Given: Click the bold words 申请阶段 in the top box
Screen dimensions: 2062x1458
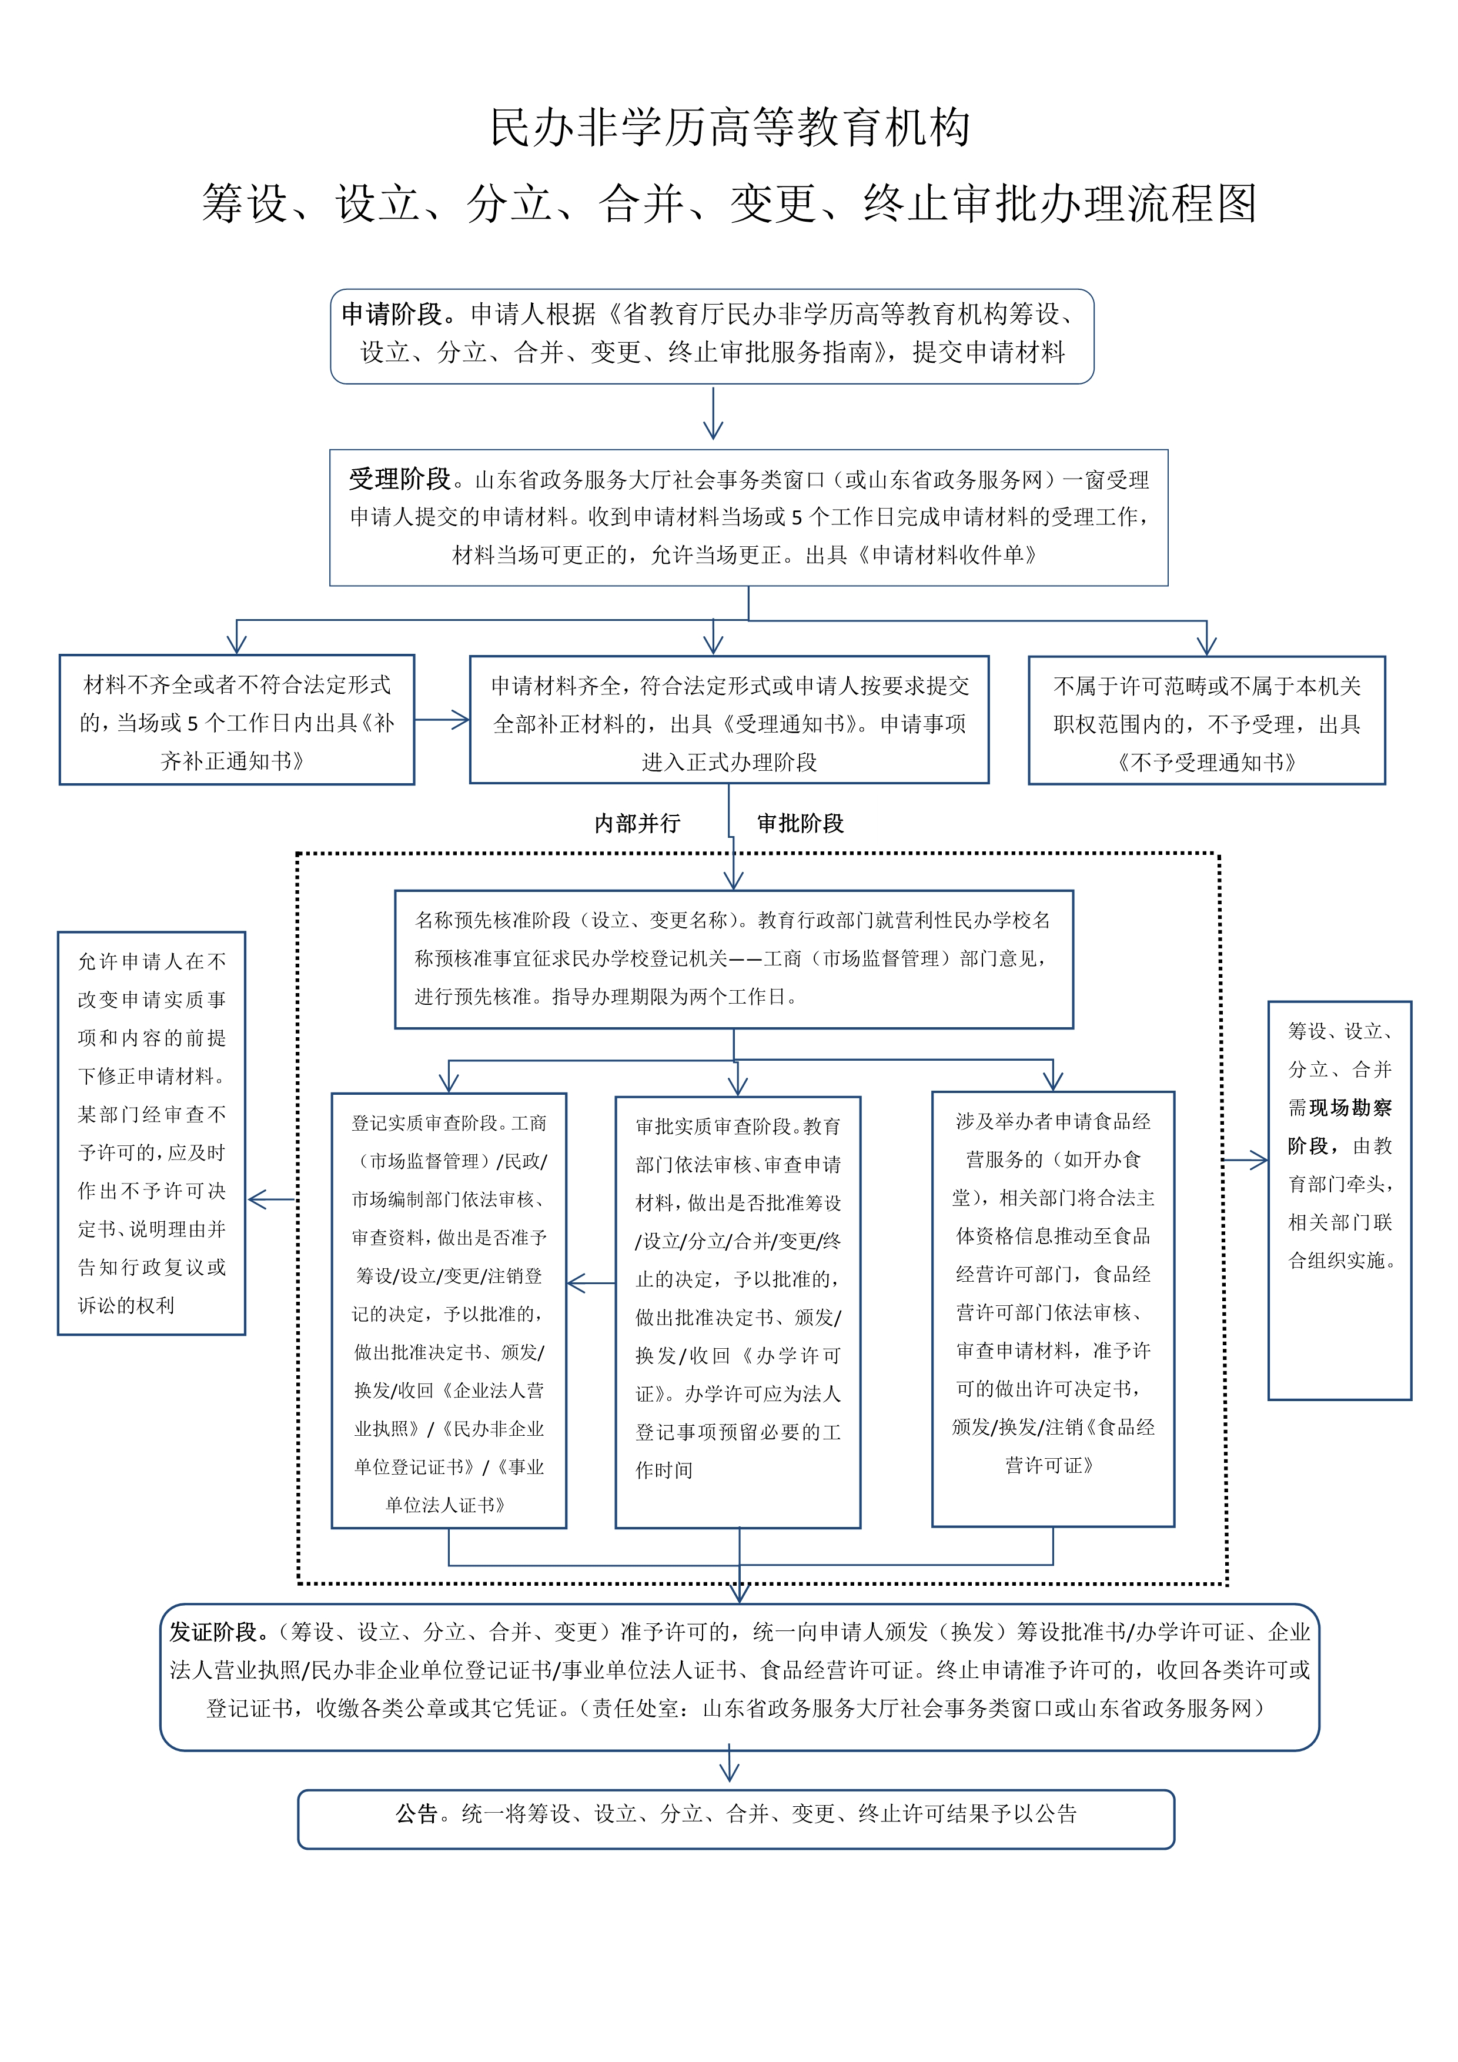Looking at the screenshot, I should [392, 315].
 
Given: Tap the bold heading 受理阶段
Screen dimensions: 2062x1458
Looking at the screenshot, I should [400, 480].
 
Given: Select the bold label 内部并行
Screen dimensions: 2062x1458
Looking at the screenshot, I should [637, 824].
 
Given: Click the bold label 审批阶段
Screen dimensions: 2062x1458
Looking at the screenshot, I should [800, 824].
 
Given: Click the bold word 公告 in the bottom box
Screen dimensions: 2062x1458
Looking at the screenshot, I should [417, 1813].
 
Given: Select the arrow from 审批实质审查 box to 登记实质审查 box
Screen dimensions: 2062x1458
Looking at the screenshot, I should [591, 1284].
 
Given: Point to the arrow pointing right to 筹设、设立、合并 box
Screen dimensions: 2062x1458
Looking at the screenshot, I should [1246, 1161].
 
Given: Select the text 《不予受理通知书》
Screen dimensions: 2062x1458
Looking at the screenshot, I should [1206, 763].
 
